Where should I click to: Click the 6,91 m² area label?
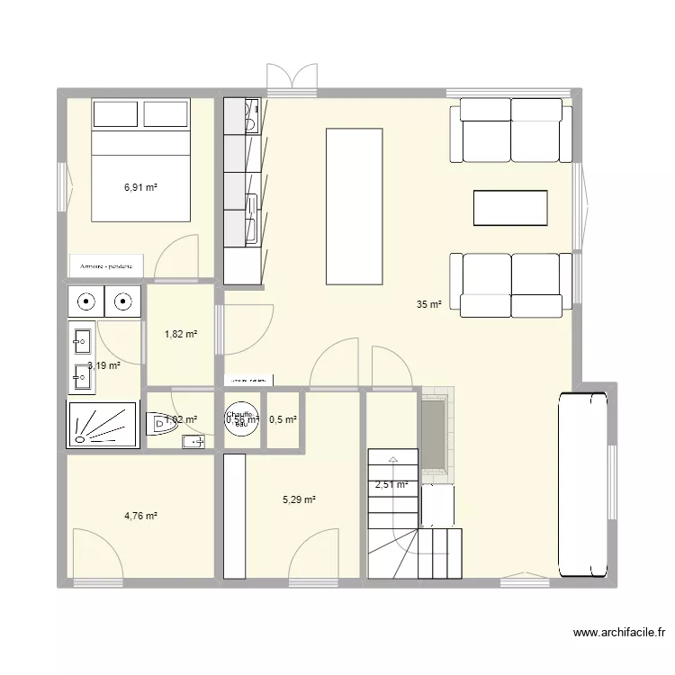140,188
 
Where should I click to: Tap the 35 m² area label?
429,305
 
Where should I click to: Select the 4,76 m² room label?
140,517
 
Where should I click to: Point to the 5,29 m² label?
299,499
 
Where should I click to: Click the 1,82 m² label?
180,335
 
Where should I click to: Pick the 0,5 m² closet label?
283,419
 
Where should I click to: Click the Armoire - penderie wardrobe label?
106,266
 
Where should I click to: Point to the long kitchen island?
355,205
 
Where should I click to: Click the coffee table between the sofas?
510,208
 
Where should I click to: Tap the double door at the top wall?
292,78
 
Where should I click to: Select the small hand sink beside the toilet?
193,441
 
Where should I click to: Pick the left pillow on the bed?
116,114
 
